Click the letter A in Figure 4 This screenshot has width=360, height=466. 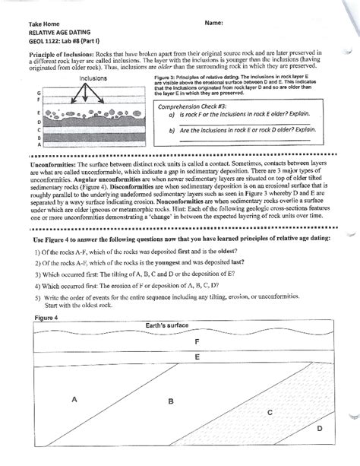tap(74, 398)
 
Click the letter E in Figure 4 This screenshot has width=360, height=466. tap(197, 356)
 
